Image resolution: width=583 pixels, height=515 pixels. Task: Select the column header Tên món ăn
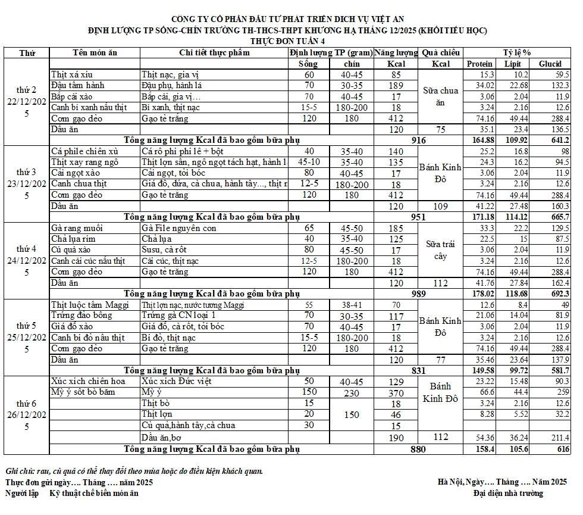pyautogui.click(x=95, y=52)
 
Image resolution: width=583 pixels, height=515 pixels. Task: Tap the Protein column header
pyautogui.click(x=479, y=64)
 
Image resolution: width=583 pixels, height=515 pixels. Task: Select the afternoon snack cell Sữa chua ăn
pyautogui.click(x=440, y=96)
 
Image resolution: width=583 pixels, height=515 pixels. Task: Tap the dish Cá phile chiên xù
pyautogui.click(x=84, y=151)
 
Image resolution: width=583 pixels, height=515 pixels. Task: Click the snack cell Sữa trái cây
pyautogui.click(x=440, y=250)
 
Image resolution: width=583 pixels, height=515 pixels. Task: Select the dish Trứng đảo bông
pyautogui.click(x=82, y=316)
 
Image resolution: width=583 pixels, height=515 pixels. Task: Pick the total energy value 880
pyautogui.click(x=418, y=450)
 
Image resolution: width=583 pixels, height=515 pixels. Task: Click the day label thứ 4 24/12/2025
pyautogui.click(x=27, y=260)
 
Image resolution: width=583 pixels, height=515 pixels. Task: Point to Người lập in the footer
pyautogui.click(x=23, y=493)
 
